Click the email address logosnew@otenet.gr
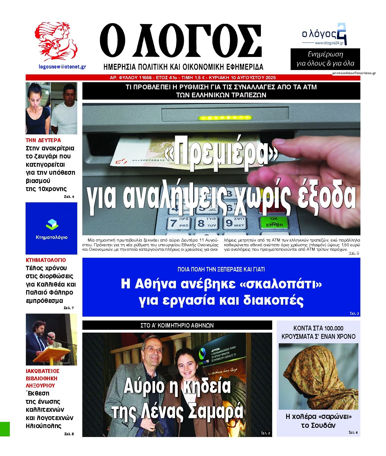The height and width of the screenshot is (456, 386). tap(62, 67)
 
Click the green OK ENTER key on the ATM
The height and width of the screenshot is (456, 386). tap(274, 222)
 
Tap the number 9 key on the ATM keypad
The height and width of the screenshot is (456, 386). tap(234, 222)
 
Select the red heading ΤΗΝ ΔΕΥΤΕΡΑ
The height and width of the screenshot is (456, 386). tap(43, 140)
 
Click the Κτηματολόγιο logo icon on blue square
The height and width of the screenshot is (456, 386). tap(52, 225)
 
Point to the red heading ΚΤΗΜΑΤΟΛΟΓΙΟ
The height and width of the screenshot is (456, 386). tap(46, 260)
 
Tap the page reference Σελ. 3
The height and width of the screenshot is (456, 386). tap(354, 314)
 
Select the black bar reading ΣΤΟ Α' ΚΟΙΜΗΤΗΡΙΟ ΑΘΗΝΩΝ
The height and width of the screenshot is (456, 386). tap(177, 325)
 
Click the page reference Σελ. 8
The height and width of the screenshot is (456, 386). tap(69, 434)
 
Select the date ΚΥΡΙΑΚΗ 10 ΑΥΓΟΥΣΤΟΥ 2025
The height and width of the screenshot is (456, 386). tap(242, 78)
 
